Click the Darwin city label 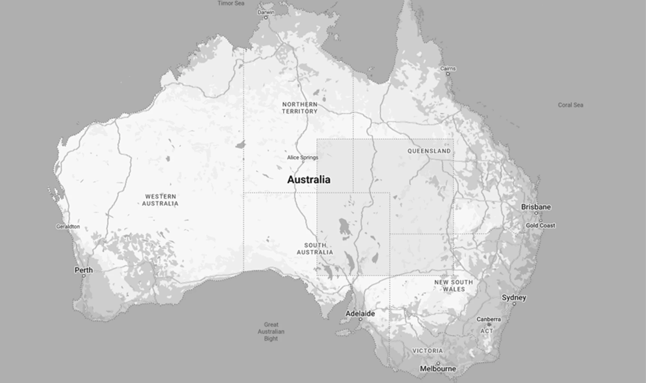[266, 12]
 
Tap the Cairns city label [448, 68]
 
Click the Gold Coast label [540, 225]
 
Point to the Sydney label [514, 298]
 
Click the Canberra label [488, 319]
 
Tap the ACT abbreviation [487, 331]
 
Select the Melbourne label [438, 369]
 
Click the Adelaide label [360, 313]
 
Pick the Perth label [84, 270]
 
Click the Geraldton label [68, 226]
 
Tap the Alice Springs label [302, 157]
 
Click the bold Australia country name [309, 180]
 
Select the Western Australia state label [160, 200]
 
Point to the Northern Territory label [300, 108]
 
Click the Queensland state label [429, 151]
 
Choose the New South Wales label [453, 286]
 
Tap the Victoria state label [428, 351]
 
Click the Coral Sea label [570, 105]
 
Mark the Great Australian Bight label [271, 331]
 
